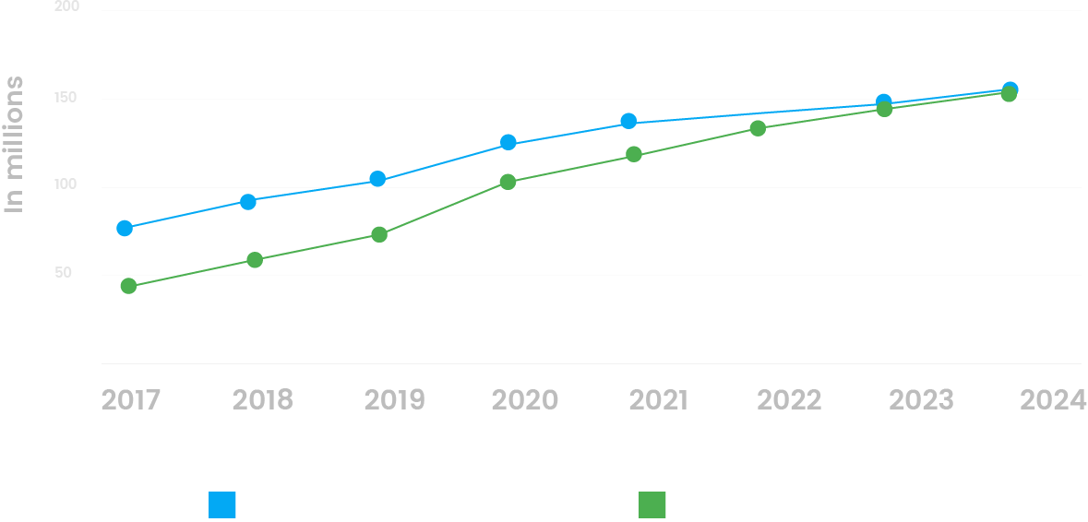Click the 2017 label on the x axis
point(130,400)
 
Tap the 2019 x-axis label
point(394,400)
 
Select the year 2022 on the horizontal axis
point(789,400)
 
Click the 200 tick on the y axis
point(67,7)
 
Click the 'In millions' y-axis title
point(14,145)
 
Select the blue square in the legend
point(222,505)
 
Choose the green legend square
point(652,505)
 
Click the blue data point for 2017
point(125,228)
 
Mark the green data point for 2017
point(128,286)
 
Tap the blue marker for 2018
point(247,202)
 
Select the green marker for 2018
point(255,260)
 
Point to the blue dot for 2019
point(377,179)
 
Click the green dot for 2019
point(378,234)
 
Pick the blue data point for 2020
point(508,143)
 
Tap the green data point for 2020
point(508,182)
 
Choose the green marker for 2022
point(758,128)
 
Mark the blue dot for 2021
point(628,121)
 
